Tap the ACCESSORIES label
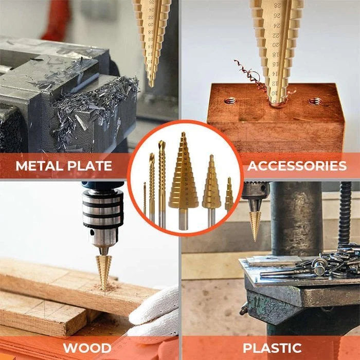pos(297,166)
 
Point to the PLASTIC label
pos(272,347)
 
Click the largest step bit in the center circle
pos(183,180)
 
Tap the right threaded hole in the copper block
pos(315,101)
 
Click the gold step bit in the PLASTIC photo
pos(255,224)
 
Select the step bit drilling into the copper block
pos(278,51)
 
